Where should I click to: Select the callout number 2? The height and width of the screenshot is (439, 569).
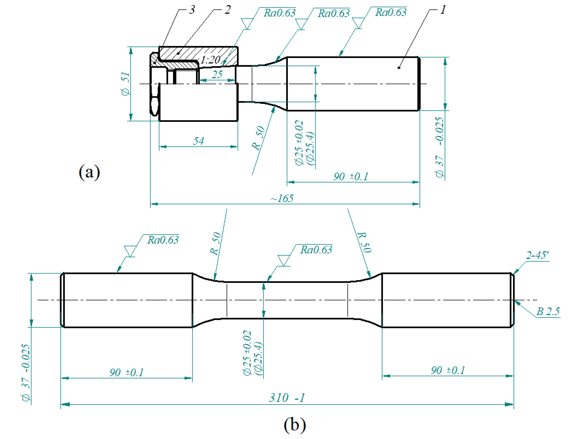coord(227,10)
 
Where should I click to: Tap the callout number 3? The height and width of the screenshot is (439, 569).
coord(192,10)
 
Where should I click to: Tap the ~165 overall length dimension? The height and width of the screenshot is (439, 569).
coord(282,198)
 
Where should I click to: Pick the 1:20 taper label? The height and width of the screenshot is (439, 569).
coord(211,60)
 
